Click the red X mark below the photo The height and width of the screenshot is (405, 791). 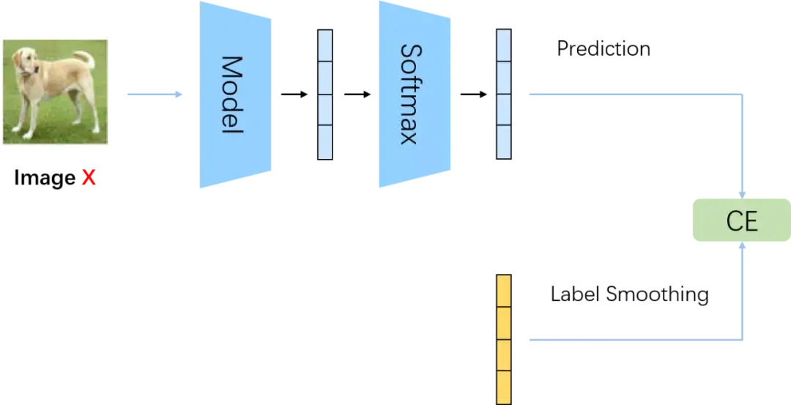pos(89,177)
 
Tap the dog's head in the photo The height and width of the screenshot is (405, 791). pos(28,61)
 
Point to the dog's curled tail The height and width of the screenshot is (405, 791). pos(86,58)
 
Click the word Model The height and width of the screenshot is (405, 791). pos(232,94)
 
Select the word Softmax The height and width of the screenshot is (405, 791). pos(411,94)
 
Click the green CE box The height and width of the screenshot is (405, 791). pos(741,220)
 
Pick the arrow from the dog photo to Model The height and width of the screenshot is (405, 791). pos(155,94)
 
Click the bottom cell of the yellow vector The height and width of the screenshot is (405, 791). pos(504,387)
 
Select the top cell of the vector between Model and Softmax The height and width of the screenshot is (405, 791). pos(325,46)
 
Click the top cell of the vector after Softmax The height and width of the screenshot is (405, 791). pos(503,46)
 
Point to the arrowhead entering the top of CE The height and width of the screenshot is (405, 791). pos(743,192)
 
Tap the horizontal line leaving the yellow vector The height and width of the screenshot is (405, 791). pos(630,340)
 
